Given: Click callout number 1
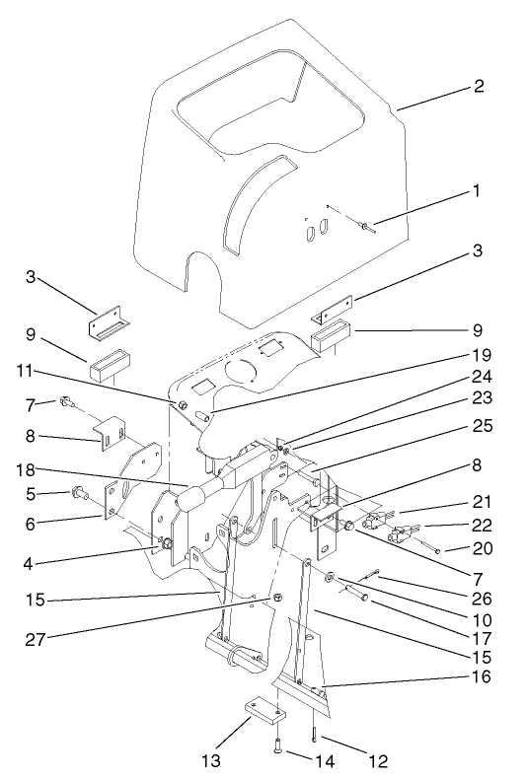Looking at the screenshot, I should click(x=478, y=190).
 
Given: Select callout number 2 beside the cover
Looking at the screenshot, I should click(x=479, y=86).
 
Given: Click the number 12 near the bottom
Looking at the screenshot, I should click(x=378, y=761).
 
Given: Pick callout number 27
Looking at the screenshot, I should click(x=38, y=638).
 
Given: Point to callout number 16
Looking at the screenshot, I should click(x=479, y=678).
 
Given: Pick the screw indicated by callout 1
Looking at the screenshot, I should click(x=365, y=228).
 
